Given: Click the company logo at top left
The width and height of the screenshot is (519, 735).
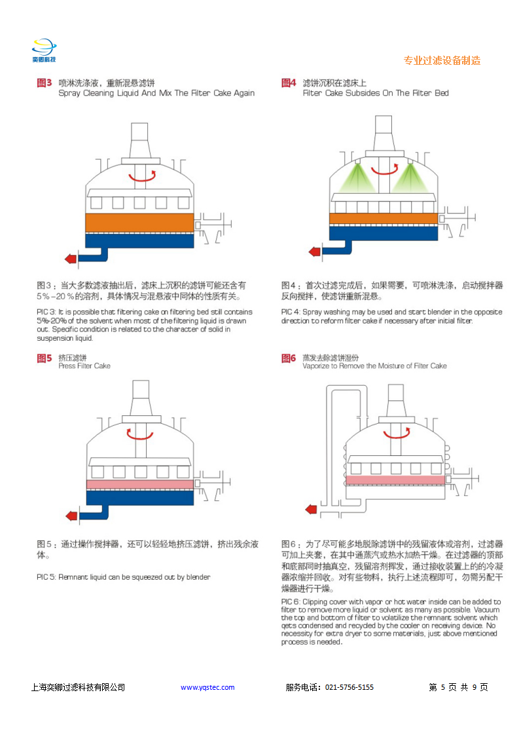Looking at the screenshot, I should point(45,50).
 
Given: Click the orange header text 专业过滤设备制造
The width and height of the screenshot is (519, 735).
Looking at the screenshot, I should point(442,60).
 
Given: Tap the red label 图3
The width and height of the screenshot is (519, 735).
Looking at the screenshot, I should point(44,83).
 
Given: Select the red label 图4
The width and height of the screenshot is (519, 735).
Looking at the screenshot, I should point(289,83).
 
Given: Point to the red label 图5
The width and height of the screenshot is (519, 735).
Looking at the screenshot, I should point(44,358).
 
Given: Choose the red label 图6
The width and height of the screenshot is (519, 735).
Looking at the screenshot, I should point(289,358).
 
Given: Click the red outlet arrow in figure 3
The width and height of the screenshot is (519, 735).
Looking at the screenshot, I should point(70,258).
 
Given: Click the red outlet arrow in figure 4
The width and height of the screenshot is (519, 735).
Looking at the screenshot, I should point(314,251).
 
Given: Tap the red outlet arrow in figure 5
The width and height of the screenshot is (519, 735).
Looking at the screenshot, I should point(70,514).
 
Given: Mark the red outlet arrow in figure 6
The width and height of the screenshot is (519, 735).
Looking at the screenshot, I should point(312,508).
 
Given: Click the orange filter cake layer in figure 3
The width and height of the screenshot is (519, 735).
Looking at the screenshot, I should point(139,223).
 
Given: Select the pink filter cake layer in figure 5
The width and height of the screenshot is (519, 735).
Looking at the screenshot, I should point(139,484).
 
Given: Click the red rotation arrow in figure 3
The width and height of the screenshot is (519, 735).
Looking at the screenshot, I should point(142,176).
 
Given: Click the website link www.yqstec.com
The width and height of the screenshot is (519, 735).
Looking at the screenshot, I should point(207,687).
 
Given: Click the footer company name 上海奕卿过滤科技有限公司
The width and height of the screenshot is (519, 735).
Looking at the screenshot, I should point(78,687).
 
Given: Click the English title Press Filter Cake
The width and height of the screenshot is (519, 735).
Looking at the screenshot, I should point(84,366).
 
